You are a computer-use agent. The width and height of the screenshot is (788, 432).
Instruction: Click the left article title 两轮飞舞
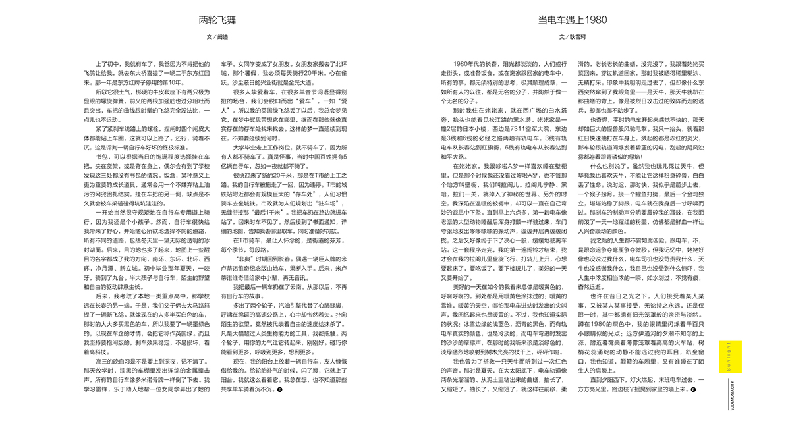pos(217,20)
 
